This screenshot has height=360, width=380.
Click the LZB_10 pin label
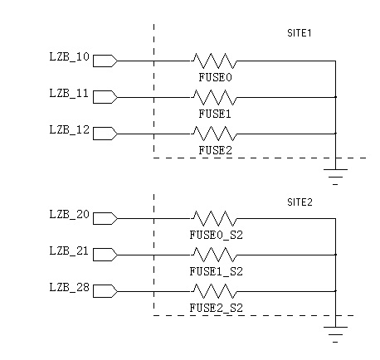(x=69, y=57)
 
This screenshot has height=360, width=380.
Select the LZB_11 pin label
(x=69, y=94)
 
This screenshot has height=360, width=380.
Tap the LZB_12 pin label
(x=69, y=129)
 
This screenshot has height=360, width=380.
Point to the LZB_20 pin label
(x=69, y=215)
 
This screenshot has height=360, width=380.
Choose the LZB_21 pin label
(x=69, y=251)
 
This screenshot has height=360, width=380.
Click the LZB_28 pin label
(x=69, y=288)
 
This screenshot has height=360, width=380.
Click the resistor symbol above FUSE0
(x=214, y=61)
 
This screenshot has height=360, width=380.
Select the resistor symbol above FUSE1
(x=214, y=97)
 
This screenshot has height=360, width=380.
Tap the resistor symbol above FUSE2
(x=214, y=134)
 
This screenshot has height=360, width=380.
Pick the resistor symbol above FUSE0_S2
(x=214, y=219)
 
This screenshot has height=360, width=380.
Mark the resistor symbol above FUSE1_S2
(x=214, y=255)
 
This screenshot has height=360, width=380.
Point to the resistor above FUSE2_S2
(x=214, y=291)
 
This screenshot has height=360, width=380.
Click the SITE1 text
(x=300, y=33)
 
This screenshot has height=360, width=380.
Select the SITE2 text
(x=300, y=202)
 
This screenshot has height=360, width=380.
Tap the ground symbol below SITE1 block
(x=335, y=177)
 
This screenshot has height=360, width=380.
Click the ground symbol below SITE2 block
(x=335, y=334)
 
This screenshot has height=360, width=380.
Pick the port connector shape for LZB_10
(x=105, y=61)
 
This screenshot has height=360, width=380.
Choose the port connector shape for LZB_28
(x=105, y=291)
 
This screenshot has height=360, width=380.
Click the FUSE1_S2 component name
(x=216, y=272)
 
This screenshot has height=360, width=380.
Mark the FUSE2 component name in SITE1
(x=215, y=151)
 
